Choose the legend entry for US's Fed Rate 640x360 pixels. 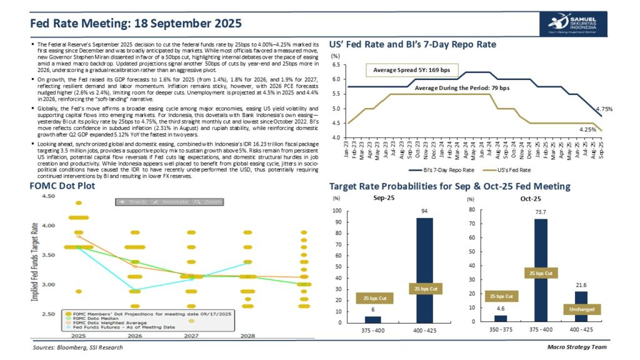(x=531, y=170)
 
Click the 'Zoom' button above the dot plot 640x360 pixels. (x=208, y=202)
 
